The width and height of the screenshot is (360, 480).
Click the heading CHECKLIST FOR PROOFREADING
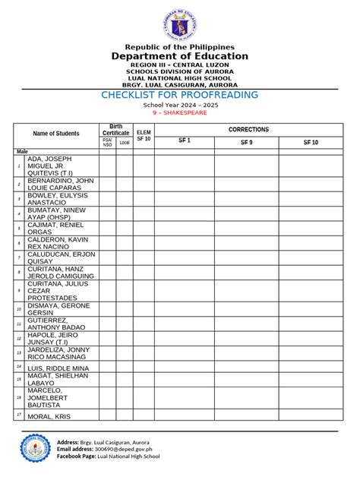tap(180, 95)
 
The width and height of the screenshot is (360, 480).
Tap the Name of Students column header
tap(55, 134)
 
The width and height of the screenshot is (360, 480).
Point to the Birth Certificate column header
tap(115, 129)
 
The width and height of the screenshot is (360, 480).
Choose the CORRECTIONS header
tap(248, 130)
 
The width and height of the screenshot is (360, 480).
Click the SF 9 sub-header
tap(247, 142)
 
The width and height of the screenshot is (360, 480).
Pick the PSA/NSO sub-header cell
tap(107, 142)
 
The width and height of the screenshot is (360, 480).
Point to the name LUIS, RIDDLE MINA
tap(56, 368)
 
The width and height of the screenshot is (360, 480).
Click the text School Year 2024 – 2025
tap(180, 105)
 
